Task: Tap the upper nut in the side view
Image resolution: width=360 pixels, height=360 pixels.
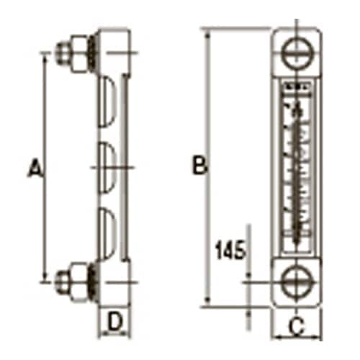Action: [x=65, y=53]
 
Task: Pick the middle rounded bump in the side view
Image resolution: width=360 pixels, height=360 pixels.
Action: [x=106, y=166]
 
